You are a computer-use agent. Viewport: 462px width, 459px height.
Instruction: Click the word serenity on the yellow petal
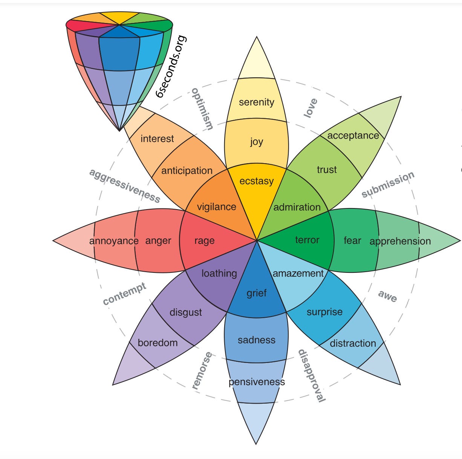point(257,102)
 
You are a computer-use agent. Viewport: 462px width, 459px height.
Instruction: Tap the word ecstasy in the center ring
point(257,181)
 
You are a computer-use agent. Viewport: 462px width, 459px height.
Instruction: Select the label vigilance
point(217,207)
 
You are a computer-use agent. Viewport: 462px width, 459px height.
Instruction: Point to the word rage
point(205,241)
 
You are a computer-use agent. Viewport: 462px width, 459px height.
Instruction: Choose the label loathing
point(219,273)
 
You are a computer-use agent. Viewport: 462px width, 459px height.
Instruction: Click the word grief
point(257,293)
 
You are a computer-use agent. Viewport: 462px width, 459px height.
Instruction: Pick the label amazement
point(298,273)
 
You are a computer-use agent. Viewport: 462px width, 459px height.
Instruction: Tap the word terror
point(307,240)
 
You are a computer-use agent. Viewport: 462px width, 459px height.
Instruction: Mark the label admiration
point(297,207)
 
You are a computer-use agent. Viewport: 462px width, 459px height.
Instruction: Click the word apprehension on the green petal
point(400,241)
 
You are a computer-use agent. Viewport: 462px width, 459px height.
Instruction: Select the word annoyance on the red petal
point(114,241)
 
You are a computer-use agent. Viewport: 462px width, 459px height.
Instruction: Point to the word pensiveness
point(257,382)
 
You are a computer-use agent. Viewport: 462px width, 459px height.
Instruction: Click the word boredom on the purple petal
point(158,343)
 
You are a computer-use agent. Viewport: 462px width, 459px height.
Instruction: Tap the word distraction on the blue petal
point(353,343)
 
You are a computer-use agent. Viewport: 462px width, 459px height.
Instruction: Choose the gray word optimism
point(202,109)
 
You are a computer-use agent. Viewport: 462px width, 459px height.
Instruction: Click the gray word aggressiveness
point(125,185)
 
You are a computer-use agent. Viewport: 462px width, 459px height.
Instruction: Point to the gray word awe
point(387,296)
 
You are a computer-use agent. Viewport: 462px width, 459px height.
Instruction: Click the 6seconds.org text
point(171,67)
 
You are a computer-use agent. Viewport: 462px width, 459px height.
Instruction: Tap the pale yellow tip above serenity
point(257,60)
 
